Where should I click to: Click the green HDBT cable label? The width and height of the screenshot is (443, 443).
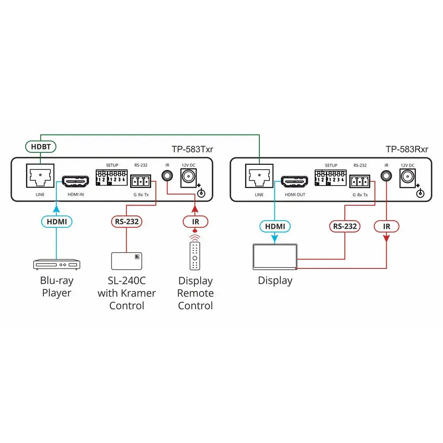[41, 146]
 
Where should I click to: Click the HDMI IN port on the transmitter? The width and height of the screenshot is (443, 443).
[76, 182]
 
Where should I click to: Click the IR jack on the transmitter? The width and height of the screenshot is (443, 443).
[167, 175]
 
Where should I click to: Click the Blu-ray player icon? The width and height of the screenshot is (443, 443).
[56, 264]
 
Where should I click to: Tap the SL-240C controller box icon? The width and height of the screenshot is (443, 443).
[127, 261]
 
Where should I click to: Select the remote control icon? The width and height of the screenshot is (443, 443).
[195, 256]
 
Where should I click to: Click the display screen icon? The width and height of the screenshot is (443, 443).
[275, 256]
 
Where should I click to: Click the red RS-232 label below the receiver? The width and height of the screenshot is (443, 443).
[345, 226]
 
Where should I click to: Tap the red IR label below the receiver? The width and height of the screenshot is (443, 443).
[386, 226]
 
